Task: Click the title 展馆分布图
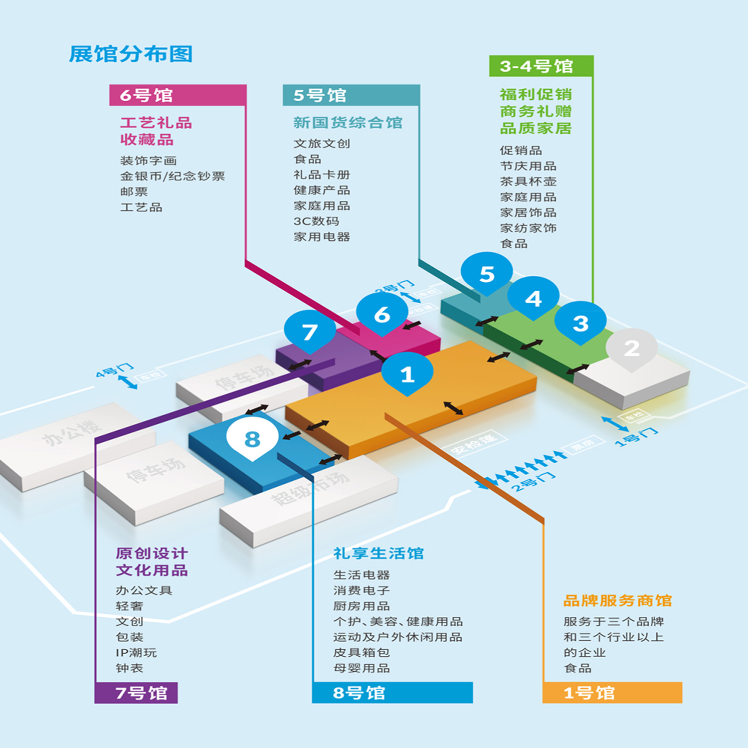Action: [x=131, y=54]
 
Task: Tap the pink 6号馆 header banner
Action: [x=178, y=95]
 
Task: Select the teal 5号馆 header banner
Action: [x=351, y=95]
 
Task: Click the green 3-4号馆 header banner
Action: [x=541, y=66]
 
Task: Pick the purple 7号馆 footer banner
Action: [x=136, y=693]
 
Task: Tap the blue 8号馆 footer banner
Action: [x=392, y=693]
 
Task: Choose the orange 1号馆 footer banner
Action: [x=612, y=693]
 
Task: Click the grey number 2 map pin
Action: [x=631, y=348]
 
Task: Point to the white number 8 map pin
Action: [x=252, y=438]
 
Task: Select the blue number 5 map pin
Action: [x=487, y=274]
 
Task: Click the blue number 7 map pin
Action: [x=310, y=332]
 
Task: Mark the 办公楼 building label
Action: [x=72, y=432]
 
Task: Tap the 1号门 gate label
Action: [x=636, y=436]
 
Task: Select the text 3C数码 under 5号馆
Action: [x=316, y=221]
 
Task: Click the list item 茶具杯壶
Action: [x=528, y=182]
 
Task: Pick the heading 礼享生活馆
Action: [x=378, y=553]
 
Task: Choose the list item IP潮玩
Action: [x=136, y=652]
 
